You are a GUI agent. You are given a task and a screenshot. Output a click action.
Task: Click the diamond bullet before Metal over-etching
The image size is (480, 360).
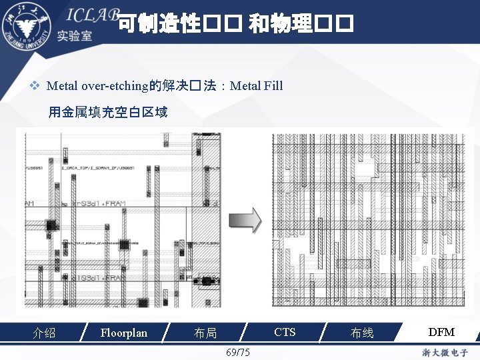pyautogui.click(x=37, y=85)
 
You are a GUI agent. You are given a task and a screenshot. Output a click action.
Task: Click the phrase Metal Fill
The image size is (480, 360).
pyautogui.click(x=256, y=85)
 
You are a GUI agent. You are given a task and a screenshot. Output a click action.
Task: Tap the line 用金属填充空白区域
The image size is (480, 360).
pyautogui.click(x=108, y=112)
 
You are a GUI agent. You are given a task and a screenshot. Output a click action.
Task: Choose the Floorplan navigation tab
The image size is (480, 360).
pyautogui.click(x=123, y=332)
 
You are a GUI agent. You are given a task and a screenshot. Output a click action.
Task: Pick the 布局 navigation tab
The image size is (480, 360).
pyautogui.click(x=205, y=333)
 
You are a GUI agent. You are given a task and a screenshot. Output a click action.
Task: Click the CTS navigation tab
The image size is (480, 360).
pyautogui.click(x=285, y=332)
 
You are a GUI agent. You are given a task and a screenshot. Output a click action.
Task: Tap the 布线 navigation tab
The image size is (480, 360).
pyautogui.click(x=362, y=333)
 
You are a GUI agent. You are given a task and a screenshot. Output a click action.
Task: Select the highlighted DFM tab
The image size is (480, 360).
pyautogui.click(x=441, y=332)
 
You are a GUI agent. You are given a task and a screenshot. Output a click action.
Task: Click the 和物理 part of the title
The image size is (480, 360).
pyautogui.click(x=280, y=25)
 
